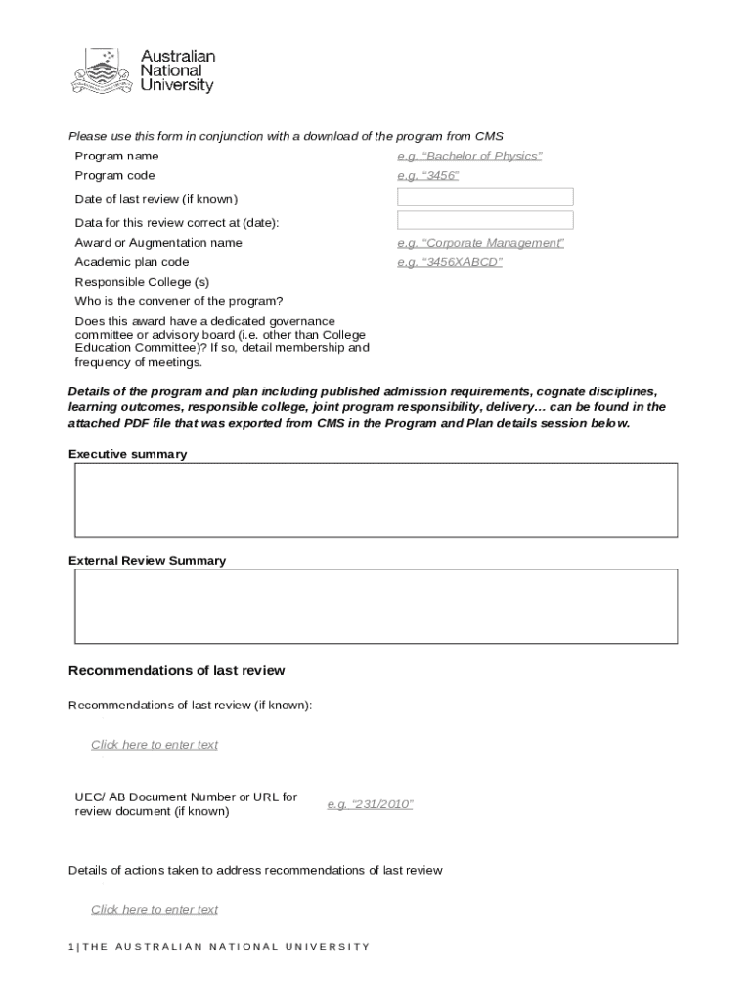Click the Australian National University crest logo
point(101,70)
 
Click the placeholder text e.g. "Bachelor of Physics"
point(468,157)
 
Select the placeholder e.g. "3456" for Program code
point(427,176)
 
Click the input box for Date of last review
point(484,198)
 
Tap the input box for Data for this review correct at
point(484,221)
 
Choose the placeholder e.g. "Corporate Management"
point(480,243)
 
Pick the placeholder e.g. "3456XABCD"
point(449,262)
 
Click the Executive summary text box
point(376,500)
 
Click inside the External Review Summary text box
point(376,607)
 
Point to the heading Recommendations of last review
point(176,671)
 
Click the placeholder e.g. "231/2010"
point(370,804)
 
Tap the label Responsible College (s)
point(142,282)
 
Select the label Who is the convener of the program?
point(178,301)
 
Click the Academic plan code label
point(132,262)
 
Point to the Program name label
point(116,157)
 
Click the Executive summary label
point(127,454)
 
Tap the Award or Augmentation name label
point(158,243)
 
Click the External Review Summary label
point(147,561)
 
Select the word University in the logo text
point(176,86)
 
